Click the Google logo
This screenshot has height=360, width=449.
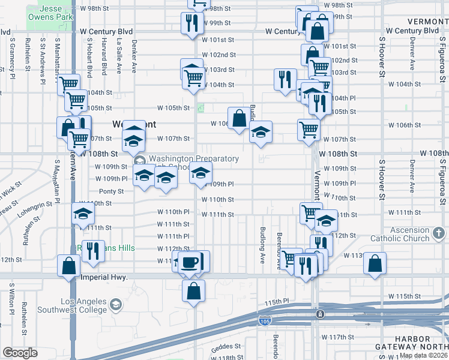(20, 353)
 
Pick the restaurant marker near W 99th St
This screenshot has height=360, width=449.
(190, 23)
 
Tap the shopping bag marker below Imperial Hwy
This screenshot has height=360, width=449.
(193, 292)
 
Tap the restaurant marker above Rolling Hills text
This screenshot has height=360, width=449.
(91, 250)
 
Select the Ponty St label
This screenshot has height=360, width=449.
(111, 191)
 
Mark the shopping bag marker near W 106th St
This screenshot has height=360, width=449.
(239, 117)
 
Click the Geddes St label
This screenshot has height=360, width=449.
(226, 346)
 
